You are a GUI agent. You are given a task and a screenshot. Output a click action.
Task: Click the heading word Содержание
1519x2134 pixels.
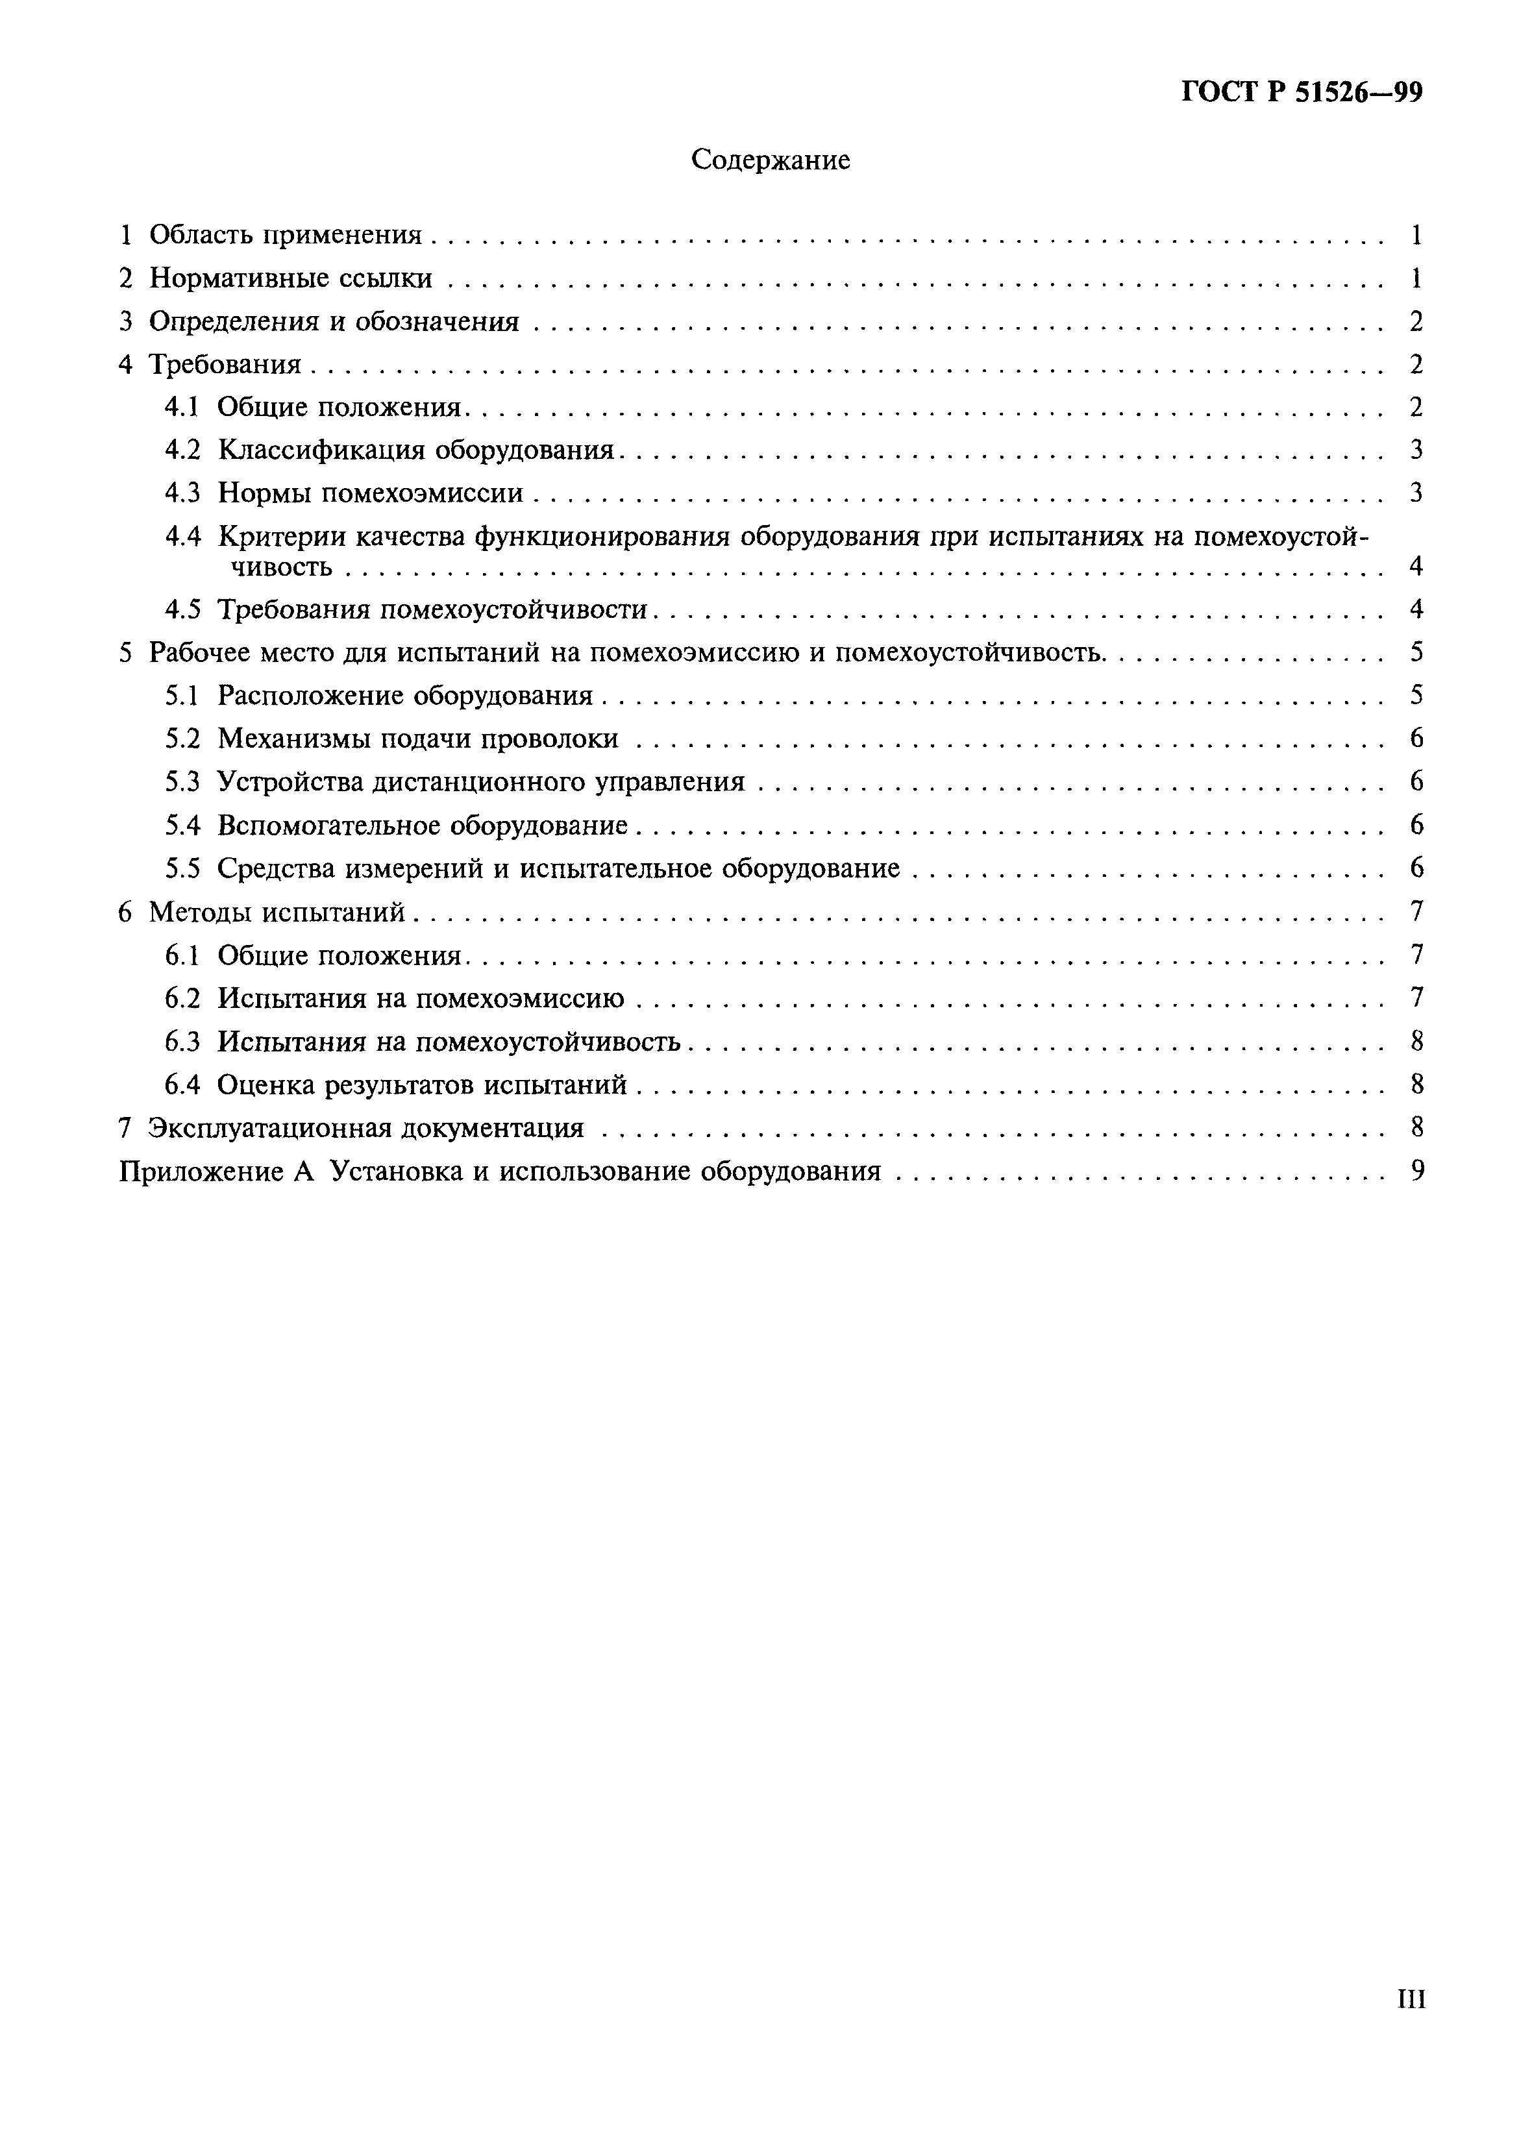pos(770,161)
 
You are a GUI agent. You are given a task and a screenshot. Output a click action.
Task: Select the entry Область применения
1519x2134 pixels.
pos(285,235)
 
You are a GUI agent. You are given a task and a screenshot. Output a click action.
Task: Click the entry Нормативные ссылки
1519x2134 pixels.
pos(290,278)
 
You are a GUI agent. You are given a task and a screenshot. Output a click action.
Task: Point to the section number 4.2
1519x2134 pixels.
pos(182,450)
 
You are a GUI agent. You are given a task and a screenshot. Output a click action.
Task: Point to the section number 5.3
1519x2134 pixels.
pos(182,782)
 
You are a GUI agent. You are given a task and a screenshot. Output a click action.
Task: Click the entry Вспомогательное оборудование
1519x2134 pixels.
pos(422,826)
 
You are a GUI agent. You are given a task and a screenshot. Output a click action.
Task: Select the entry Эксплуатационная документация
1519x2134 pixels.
pos(365,1129)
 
